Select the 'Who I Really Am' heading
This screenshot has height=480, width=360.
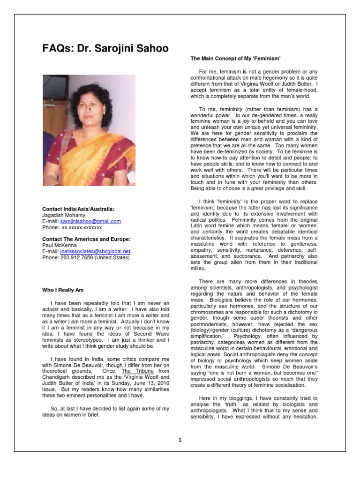[63, 290]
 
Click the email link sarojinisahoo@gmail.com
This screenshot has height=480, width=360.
[90, 221]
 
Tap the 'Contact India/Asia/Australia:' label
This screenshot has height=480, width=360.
[78, 209]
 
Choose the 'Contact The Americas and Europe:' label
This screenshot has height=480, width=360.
[86, 239]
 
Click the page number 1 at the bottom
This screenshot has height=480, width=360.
[180, 440]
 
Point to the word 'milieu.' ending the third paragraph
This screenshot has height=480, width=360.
[199, 269]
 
